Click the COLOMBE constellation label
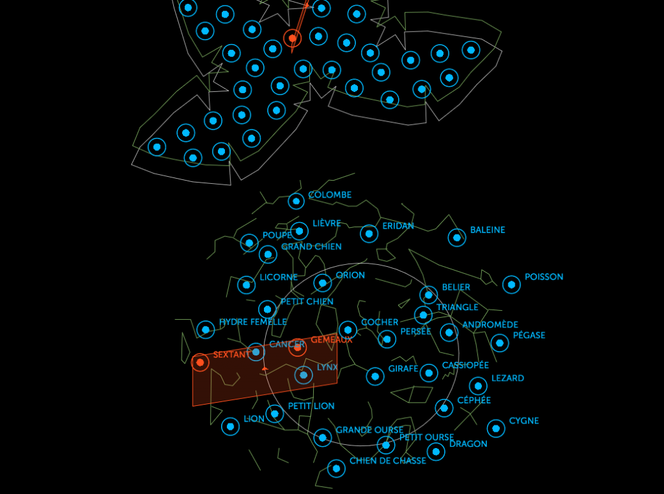(329, 195)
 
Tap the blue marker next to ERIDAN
(369, 234)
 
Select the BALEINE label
(487, 230)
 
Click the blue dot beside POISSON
(511, 284)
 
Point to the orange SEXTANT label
(231, 355)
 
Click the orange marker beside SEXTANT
(200, 363)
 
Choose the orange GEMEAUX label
(331, 339)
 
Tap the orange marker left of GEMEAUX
(297, 347)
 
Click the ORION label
(350, 275)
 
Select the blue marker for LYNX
(303, 375)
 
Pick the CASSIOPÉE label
(465, 365)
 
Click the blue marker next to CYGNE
(496, 428)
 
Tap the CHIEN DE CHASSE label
(388, 461)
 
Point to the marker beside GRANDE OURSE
(322, 438)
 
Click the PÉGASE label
(528, 335)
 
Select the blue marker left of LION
(230, 426)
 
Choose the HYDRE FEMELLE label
(253, 322)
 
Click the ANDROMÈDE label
(490, 324)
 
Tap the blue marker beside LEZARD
(478, 386)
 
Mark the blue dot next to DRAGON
(436, 451)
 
